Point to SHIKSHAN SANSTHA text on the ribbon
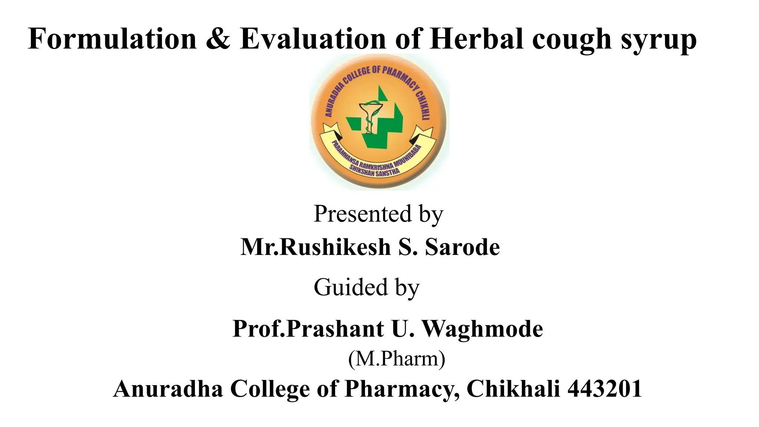pos(374,172)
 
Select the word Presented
pos(362,214)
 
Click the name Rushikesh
pos(335,247)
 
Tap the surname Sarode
pos(462,247)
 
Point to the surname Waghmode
pos(482,329)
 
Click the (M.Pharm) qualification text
pos(397,358)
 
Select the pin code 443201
pos(605,389)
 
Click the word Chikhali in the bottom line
pos(513,389)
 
